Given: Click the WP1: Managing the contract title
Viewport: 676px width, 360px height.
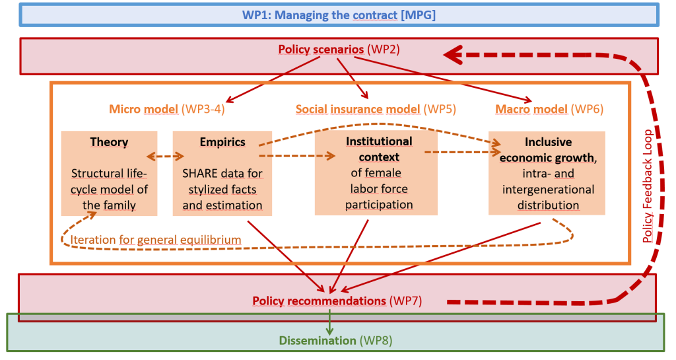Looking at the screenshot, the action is coord(339,15).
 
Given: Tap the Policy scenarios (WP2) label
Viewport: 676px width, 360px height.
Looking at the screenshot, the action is coord(339,49).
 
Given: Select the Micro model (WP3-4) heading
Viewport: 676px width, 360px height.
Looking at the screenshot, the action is coord(167,108).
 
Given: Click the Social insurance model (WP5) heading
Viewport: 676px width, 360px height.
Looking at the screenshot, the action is coord(376,109).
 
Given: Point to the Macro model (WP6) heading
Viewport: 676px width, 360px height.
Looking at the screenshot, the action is coord(549,109).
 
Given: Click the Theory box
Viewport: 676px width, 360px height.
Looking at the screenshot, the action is coord(109,173).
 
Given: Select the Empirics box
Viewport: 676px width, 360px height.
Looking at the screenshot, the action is coord(222,173).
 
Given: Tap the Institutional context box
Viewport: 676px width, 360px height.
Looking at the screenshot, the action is coord(376,173).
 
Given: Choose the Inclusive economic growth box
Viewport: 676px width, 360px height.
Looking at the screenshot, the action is coord(547,173).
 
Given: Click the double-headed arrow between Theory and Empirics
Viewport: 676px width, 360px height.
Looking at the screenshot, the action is coord(165,157).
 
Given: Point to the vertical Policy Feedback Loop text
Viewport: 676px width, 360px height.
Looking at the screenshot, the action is coord(647,186).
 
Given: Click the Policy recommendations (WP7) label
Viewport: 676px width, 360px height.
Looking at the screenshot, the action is coord(337,301).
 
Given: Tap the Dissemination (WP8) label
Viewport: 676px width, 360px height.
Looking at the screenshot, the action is coord(335,341).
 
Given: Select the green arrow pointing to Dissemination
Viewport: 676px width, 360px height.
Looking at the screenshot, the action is coord(329,322).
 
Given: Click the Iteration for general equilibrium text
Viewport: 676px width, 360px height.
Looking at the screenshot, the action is coord(156,240).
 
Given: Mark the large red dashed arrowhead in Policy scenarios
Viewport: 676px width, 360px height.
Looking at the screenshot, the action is coord(453,55).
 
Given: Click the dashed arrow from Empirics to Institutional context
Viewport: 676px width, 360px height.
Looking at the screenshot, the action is coord(297,156).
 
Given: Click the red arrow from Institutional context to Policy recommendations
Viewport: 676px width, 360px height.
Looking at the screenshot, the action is coord(349,256).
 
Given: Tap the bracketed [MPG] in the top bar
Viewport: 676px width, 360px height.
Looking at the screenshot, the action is coord(418,15).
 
